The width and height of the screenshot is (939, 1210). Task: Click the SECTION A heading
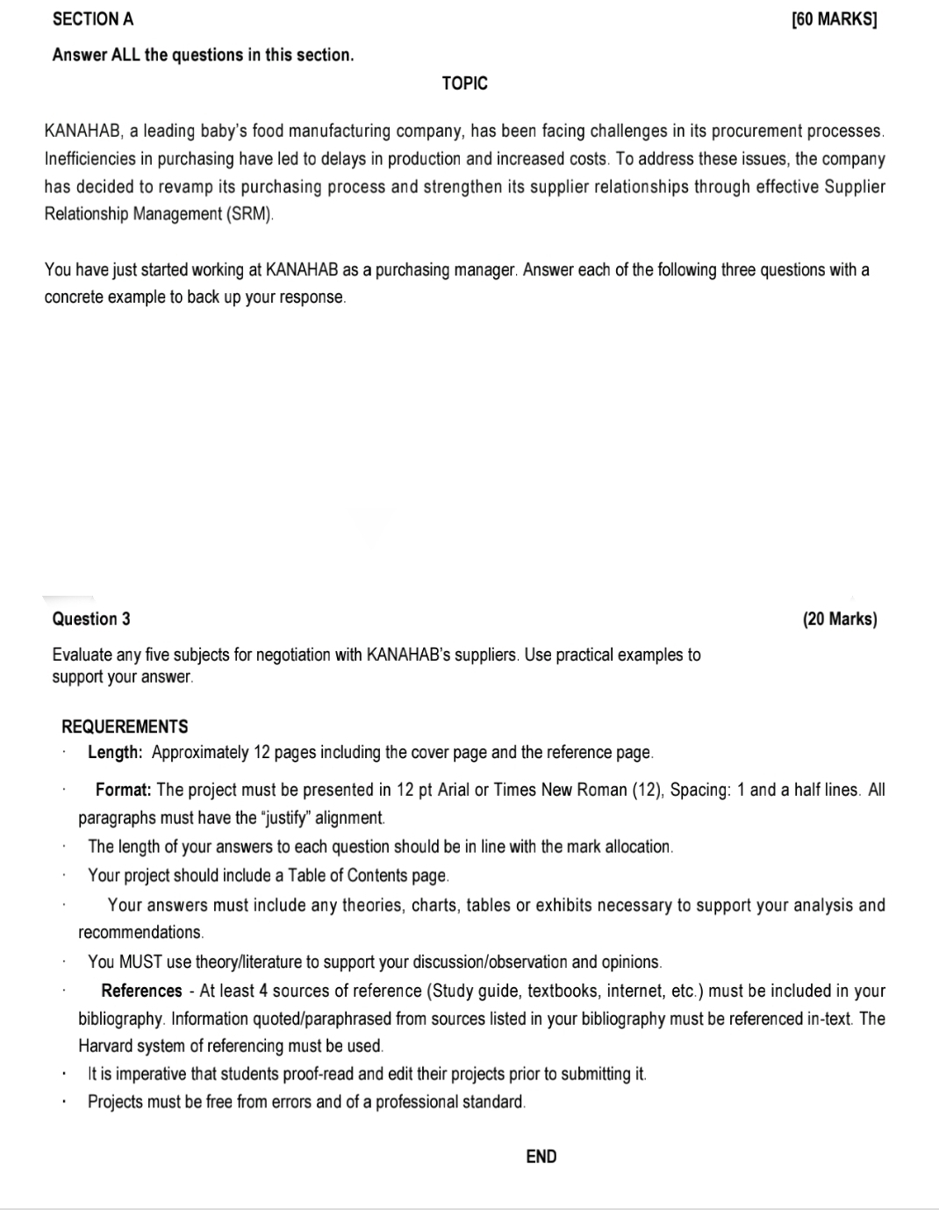[x=93, y=18]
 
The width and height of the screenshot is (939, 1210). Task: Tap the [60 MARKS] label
[x=834, y=19]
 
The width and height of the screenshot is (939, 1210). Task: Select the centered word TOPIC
[x=465, y=83]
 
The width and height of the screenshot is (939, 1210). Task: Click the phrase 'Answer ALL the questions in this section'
[x=203, y=54]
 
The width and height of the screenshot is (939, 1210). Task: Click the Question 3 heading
[x=91, y=619]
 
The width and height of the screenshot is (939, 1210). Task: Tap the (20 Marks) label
[x=840, y=619]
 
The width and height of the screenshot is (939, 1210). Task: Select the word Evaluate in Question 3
[x=82, y=655]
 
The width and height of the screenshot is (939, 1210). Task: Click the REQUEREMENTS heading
[x=125, y=727]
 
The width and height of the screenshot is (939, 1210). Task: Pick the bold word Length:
[x=115, y=752]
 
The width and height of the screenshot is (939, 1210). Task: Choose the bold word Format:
[x=124, y=789]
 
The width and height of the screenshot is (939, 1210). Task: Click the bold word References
[x=141, y=991]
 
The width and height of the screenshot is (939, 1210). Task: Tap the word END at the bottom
[x=541, y=1156]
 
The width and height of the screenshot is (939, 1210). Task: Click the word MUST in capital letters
[x=140, y=962]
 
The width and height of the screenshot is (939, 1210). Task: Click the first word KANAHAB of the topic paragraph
[x=82, y=131]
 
